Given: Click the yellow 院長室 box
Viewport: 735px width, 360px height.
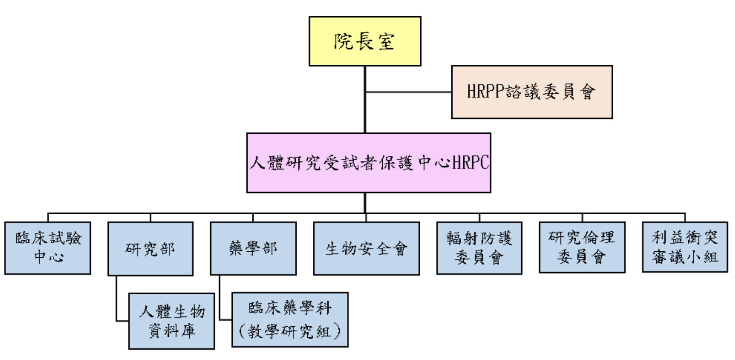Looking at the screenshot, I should click(x=365, y=41).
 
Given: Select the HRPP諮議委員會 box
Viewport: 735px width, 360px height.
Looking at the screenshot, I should click(x=532, y=92).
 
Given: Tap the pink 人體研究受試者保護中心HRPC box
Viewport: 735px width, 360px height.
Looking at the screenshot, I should click(x=368, y=163).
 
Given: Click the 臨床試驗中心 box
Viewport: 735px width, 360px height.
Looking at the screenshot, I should click(x=48, y=248).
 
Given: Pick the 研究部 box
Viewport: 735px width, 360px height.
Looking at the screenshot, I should click(x=150, y=249).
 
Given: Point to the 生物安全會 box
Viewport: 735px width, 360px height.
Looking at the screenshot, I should click(x=366, y=249).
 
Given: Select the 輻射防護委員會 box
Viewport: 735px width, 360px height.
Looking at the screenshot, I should click(x=479, y=248).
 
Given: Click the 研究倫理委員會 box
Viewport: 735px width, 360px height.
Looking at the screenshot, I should click(x=582, y=247).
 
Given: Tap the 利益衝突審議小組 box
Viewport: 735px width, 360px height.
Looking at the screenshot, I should click(x=685, y=247).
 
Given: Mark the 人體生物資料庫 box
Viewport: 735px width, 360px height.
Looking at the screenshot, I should click(x=172, y=321).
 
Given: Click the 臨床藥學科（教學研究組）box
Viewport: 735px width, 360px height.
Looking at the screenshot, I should click(x=290, y=320).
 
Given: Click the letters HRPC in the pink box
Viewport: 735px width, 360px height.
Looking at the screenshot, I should click(x=470, y=163).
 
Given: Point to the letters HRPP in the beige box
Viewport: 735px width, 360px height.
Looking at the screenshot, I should click(x=486, y=92).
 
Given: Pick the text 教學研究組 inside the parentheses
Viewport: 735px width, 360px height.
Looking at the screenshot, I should click(x=290, y=331).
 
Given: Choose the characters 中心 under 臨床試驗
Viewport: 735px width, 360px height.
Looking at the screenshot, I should click(x=48, y=257).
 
